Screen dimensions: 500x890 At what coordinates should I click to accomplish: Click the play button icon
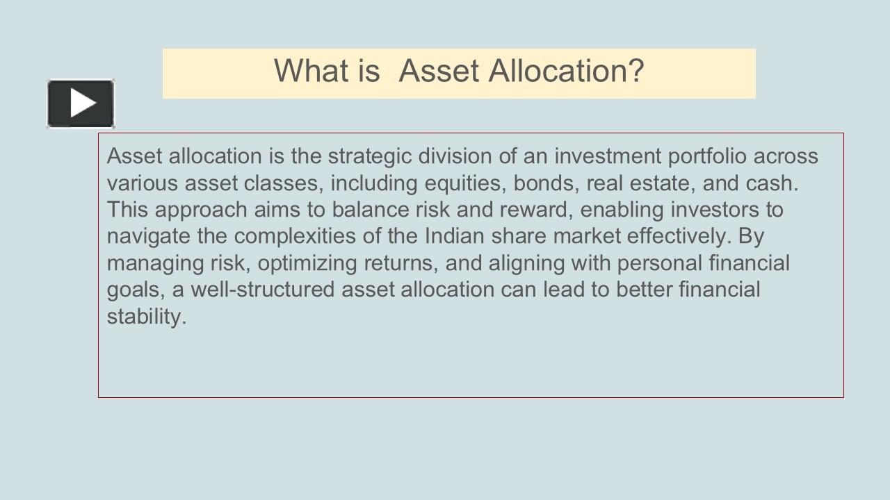pyautogui.click(x=81, y=103)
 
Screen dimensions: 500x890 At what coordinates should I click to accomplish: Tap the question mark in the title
pyautogui.click(x=636, y=71)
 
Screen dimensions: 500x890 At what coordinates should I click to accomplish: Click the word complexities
pyautogui.click(x=295, y=237)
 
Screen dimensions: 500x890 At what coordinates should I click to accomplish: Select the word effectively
pyautogui.click(x=679, y=236)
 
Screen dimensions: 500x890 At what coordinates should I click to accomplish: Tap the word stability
pyautogui.click(x=147, y=317)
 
